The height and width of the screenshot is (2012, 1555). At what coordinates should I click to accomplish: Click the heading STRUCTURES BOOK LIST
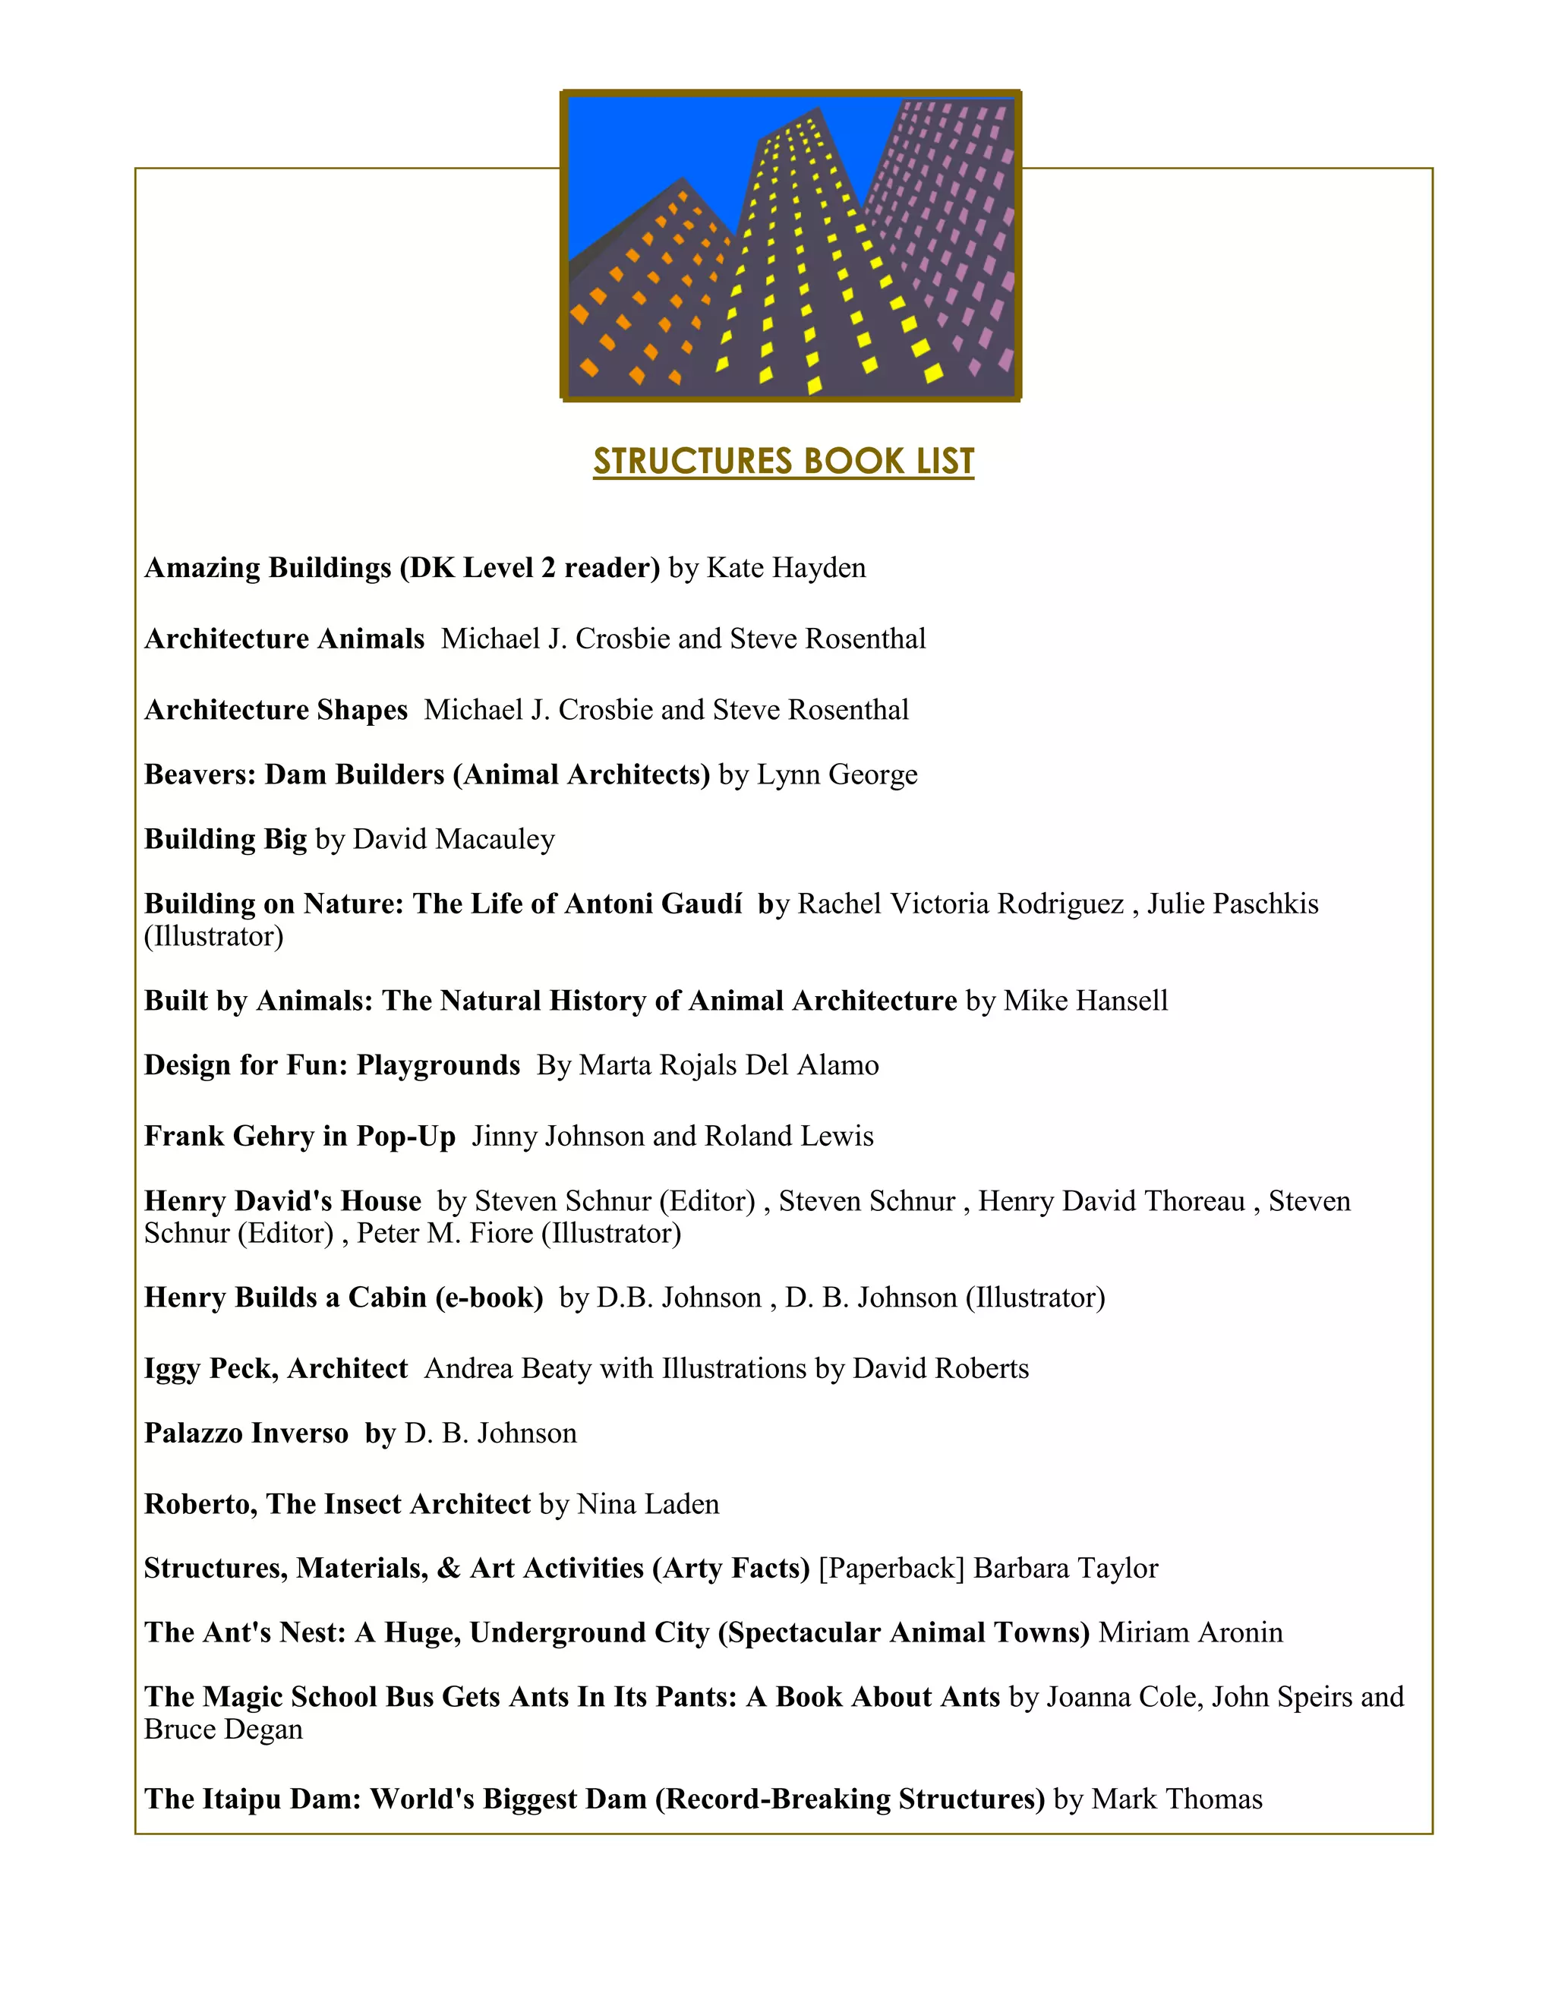[783, 462]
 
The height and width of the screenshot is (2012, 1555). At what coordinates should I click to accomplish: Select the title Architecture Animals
[285, 639]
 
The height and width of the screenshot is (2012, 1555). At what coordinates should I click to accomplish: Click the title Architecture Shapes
[276, 709]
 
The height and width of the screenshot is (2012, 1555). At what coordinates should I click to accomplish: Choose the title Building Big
[226, 839]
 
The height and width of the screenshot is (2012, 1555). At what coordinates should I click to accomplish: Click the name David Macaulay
[454, 839]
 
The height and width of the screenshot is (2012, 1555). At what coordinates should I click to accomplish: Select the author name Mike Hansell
[1085, 1001]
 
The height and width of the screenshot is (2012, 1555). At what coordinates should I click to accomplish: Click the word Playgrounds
[439, 1065]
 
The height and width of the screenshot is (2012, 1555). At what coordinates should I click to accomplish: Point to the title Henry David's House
[282, 1201]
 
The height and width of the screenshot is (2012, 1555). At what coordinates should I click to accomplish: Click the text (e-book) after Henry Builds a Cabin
[489, 1297]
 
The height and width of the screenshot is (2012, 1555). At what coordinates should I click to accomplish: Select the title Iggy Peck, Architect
[276, 1368]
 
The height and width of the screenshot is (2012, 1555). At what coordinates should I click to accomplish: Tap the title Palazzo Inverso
[247, 1433]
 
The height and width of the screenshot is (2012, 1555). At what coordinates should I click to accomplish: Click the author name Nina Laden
[648, 1503]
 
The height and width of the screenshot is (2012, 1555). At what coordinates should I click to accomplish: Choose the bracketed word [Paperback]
[891, 1568]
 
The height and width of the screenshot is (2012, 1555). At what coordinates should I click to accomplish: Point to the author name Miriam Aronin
[1191, 1632]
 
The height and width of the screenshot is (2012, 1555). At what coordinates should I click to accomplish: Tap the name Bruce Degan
[224, 1729]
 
